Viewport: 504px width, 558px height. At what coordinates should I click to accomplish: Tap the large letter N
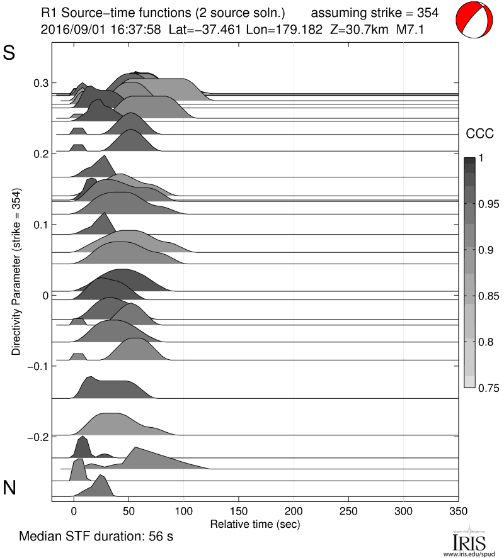[9, 488]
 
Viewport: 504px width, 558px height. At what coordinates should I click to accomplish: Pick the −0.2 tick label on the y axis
[37, 437]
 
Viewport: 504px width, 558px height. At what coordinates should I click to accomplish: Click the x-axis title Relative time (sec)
[255, 523]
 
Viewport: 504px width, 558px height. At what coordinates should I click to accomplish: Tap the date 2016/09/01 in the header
[68, 29]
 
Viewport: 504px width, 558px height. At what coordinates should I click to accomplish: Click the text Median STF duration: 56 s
[96, 537]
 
